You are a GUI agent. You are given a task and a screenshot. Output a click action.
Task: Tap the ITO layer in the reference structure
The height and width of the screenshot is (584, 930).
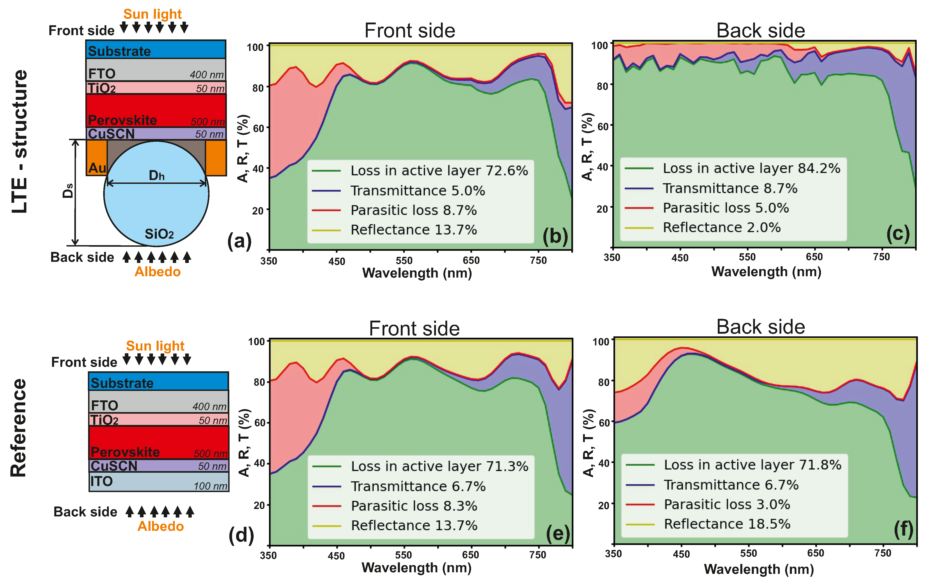[158, 482]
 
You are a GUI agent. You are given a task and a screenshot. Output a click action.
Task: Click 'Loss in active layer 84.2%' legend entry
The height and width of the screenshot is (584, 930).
[751, 168]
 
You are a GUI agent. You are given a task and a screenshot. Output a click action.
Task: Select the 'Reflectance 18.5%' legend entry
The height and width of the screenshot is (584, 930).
[727, 524]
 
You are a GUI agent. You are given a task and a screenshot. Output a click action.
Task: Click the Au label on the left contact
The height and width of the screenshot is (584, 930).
[97, 168]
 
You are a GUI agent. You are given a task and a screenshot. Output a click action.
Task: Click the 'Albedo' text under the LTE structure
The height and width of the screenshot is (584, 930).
[157, 272]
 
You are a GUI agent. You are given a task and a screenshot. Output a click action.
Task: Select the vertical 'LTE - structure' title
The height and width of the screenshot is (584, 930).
[20, 141]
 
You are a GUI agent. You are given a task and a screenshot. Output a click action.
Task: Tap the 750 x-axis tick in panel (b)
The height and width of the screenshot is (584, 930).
[538, 260]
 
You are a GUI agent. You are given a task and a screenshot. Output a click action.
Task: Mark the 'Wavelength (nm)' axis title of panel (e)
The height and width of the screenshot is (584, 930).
[416, 568]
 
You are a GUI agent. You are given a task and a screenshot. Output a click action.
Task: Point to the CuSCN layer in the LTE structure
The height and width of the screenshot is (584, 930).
[156, 134]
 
